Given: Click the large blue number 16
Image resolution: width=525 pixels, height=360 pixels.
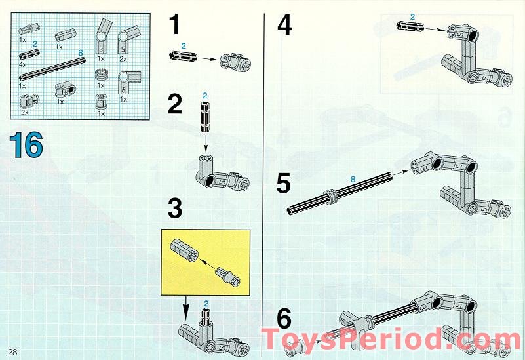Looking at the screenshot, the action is (x=26, y=145).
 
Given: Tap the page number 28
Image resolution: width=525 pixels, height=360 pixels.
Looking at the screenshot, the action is (x=12, y=352).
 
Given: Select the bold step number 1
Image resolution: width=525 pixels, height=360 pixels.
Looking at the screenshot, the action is (x=175, y=24).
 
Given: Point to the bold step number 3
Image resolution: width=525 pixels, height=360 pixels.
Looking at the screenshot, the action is (x=175, y=208).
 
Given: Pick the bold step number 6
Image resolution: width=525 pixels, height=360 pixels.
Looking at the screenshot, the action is (x=284, y=319).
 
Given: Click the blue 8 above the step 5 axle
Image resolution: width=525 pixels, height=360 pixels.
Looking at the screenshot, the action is (x=353, y=180).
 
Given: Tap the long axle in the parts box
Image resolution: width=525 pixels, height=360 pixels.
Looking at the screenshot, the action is (x=52, y=70).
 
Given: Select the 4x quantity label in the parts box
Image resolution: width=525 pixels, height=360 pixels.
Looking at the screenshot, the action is (x=23, y=64).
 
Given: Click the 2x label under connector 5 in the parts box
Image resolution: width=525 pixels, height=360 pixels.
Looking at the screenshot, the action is (x=123, y=59).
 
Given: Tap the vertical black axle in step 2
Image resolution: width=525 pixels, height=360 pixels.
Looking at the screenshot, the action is (x=205, y=117).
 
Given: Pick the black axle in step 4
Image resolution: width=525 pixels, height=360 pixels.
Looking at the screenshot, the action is (x=410, y=26).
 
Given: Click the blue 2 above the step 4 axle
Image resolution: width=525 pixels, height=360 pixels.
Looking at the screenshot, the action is (x=412, y=16).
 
